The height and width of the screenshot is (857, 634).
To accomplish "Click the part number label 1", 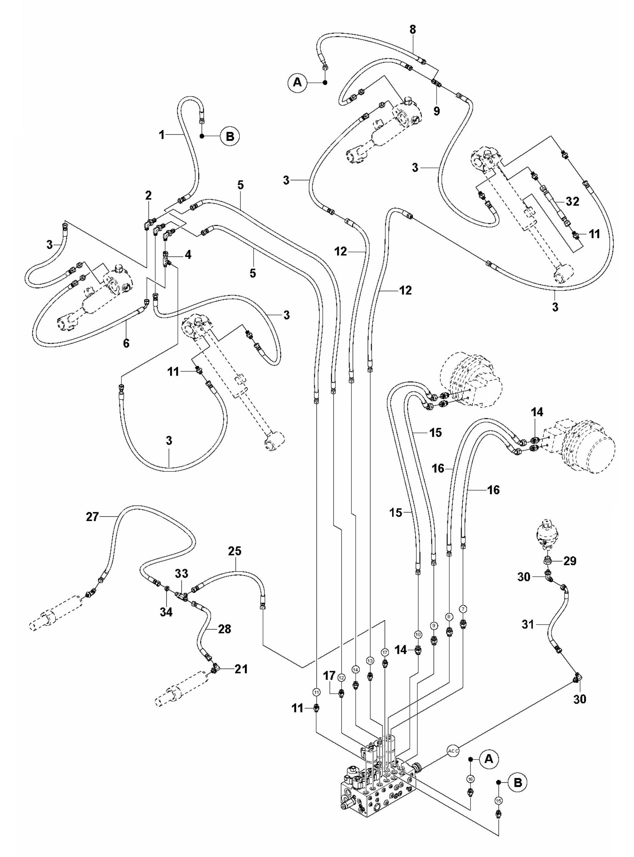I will coord(162,135).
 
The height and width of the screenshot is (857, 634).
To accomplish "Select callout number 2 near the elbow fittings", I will coord(148,196).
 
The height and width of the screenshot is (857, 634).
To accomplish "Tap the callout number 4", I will coord(188,255).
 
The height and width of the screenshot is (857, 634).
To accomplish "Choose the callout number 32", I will coord(573,202).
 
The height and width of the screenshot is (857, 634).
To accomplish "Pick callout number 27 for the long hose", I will coord(92,517).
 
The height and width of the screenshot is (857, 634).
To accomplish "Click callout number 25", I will coord(235,551).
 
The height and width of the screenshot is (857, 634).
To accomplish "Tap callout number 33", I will coord(181,574).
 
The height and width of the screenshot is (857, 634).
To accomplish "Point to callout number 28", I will coord(224,629).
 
